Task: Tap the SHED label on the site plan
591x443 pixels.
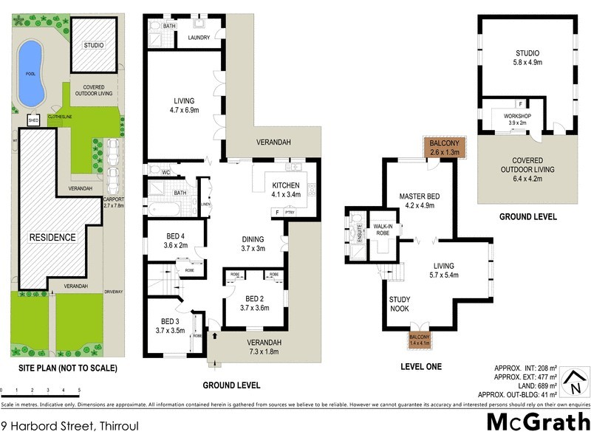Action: pyautogui.click(x=33, y=120)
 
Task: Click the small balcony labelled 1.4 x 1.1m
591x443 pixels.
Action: pyautogui.click(x=418, y=340)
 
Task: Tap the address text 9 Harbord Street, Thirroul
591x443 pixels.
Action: pyautogui.click(x=70, y=426)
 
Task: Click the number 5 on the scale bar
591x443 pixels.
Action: pyautogui.click(x=78, y=390)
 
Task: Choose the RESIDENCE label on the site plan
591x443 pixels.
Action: pyautogui.click(x=52, y=238)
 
